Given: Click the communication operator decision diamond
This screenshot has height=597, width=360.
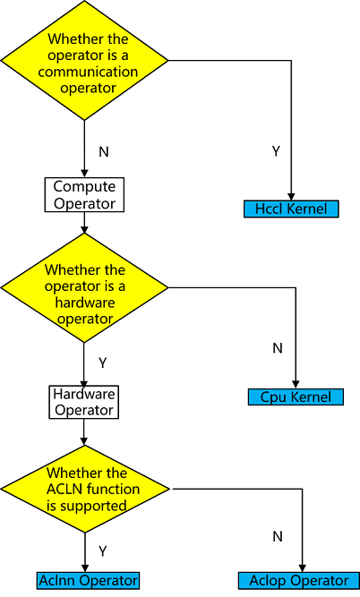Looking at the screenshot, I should click(x=85, y=62).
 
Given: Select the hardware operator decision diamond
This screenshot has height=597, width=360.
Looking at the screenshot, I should click(x=85, y=288).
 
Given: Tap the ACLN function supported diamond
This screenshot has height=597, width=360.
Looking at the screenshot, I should click(x=85, y=489).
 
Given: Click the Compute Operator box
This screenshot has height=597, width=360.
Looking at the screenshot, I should click(x=85, y=194).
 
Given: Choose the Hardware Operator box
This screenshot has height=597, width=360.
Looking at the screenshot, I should click(x=84, y=402).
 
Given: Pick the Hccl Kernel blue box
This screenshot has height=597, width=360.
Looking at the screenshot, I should click(x=291, y=209).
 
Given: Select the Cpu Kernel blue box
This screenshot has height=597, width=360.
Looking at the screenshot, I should click(x=296, y=397).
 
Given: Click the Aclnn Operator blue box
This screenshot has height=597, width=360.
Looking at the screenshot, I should click(x=89, y=580).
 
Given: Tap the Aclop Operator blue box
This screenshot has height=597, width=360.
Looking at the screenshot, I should click(x=305, y=580).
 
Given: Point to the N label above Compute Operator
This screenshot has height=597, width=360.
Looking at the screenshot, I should click(x=103, y=151).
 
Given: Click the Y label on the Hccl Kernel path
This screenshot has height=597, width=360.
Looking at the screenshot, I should click(x=276, y=151).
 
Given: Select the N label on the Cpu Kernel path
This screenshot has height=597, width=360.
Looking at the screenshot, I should click(x=278, y=347).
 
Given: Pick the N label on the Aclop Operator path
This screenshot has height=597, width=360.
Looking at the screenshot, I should click(x=278, y=537).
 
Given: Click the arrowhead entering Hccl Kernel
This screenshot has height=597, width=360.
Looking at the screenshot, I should click(x=292, y=197).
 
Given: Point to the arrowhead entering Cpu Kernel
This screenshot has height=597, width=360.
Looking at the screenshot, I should click(x=296, y=384).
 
